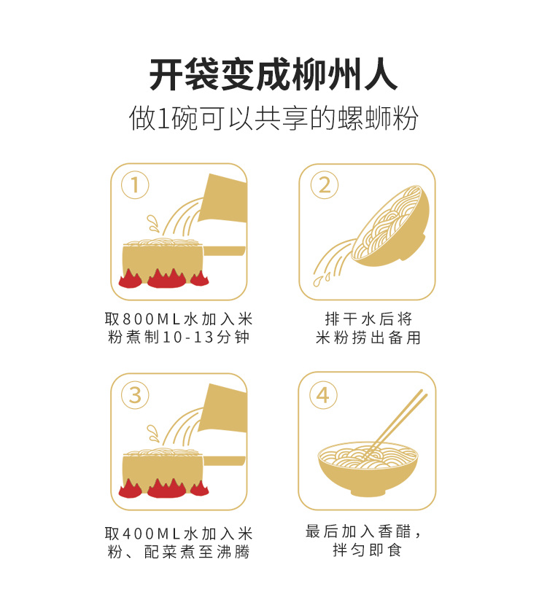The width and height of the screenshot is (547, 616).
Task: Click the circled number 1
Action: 135,185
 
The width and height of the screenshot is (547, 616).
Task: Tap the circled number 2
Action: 325,185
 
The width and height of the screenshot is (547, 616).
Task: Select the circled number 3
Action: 135,395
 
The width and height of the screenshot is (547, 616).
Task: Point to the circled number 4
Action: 323,395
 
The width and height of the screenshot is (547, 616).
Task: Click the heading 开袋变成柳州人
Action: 273,74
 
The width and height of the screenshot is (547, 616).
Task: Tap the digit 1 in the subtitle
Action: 163,118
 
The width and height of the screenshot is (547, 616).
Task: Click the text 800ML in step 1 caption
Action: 152,319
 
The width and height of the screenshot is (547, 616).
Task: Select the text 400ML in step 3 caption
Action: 152,534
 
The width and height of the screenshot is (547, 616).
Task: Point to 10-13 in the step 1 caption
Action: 188,337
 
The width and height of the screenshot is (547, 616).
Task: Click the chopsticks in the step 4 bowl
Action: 394,424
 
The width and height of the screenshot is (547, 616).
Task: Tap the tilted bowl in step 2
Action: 389,226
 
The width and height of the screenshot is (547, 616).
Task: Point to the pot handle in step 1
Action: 225,251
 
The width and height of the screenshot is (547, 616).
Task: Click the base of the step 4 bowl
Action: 368,493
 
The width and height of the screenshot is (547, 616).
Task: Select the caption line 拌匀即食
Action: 367,550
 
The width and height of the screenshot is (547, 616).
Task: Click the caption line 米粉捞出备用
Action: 368,338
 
